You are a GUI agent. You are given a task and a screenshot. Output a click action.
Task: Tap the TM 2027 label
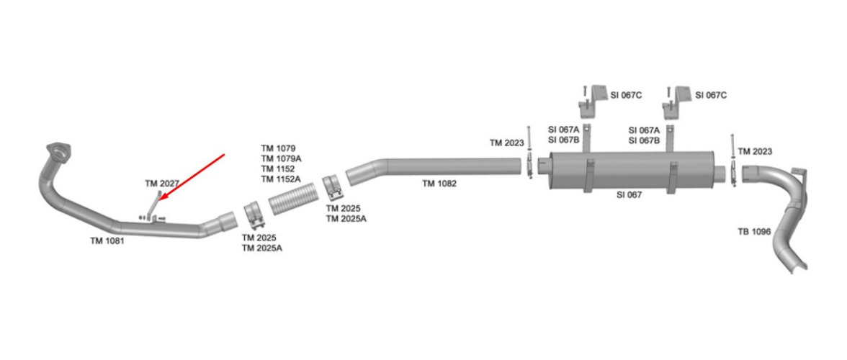point(161,184)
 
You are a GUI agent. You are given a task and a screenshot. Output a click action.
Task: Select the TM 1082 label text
point(439,184)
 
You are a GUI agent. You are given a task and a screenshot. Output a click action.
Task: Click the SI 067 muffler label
point(629,194)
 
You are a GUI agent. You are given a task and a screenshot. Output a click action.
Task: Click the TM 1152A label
point(281,179)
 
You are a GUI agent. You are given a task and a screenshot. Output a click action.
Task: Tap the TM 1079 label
point(278,148)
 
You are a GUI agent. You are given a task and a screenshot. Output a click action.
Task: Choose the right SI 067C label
point(712,95)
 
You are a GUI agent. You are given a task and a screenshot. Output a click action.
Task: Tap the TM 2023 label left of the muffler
point(506,143)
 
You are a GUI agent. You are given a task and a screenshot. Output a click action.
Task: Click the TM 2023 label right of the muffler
point(755,151)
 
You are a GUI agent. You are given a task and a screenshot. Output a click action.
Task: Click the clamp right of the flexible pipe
point(333,189)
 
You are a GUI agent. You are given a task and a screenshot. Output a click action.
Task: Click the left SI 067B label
point(563,140)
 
